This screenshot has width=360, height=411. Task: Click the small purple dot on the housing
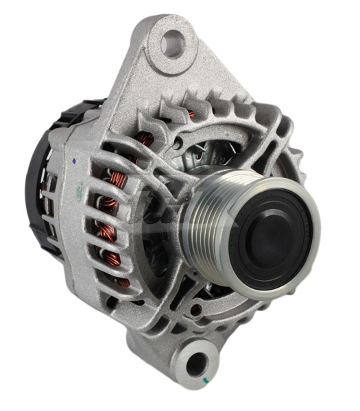pyautogui.click(x=73, y=160)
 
